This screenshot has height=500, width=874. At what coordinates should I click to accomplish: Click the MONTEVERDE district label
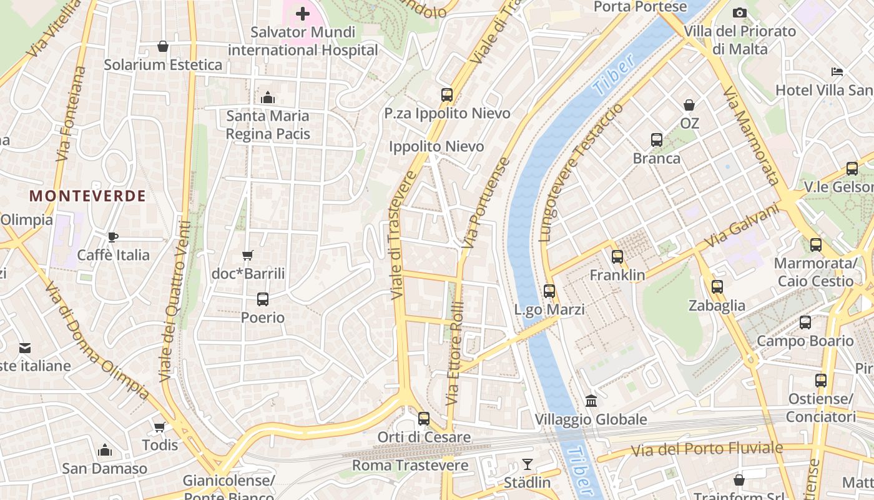87,196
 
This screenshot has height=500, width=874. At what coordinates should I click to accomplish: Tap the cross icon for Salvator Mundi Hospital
303,13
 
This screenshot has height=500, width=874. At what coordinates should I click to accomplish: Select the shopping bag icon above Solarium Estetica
163,46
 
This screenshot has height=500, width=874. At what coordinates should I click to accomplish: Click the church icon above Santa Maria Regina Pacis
268,97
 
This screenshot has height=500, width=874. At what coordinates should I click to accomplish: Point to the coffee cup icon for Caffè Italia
112,237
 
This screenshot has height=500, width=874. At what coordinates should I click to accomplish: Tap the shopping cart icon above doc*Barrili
248,255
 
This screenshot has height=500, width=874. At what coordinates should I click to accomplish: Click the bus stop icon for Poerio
263,299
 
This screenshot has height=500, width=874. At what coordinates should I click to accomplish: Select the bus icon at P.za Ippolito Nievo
447,95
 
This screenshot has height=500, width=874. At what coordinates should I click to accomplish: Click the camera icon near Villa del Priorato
739,12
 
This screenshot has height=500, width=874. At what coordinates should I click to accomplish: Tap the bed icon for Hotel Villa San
837,72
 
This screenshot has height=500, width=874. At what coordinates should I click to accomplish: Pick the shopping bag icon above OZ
689,105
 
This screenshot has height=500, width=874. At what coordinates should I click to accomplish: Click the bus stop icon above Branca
657,140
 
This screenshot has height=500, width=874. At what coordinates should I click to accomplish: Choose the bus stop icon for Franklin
617,256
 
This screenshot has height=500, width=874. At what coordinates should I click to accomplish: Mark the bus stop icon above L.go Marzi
549,291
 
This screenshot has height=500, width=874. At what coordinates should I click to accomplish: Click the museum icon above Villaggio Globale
591,400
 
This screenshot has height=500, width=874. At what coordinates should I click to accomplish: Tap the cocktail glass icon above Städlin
528,464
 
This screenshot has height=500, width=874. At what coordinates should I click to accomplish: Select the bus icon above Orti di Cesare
424,418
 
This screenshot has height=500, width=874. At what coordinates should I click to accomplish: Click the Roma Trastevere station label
410,466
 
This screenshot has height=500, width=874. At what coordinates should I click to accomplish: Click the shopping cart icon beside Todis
160,427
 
